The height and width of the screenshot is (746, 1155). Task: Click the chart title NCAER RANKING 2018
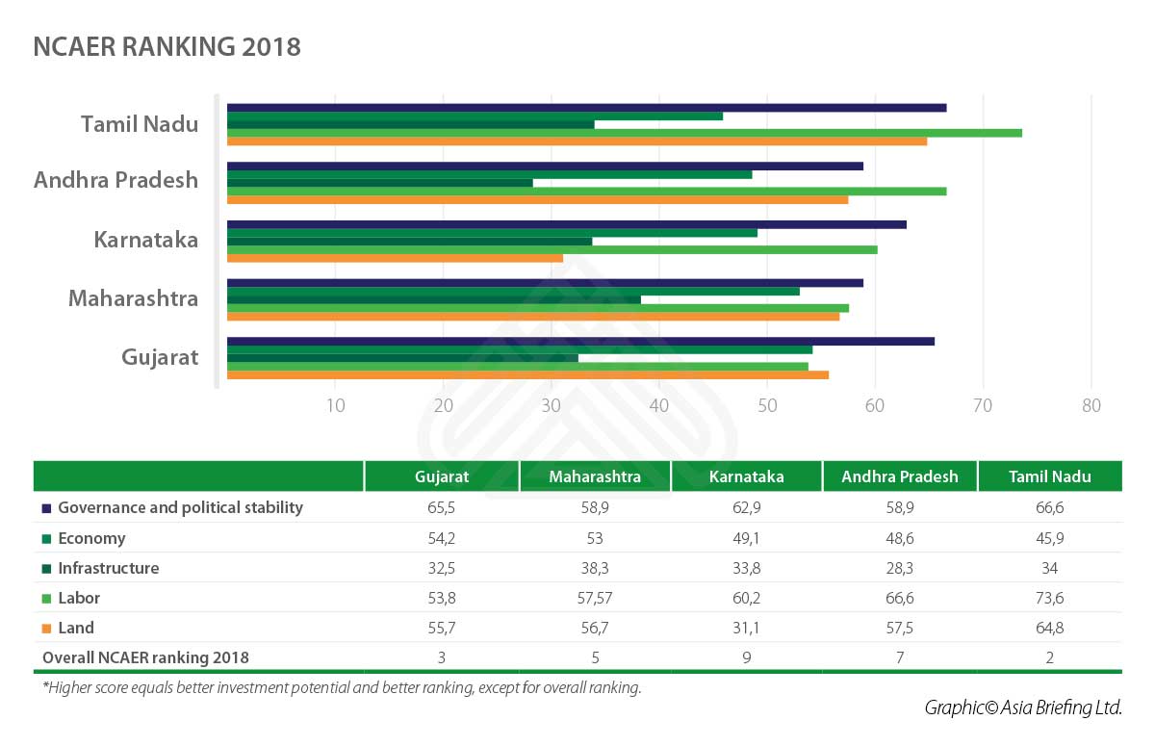point(167,47)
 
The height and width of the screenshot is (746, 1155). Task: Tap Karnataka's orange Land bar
point(395,258)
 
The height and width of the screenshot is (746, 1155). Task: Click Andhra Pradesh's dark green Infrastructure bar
point(379,183)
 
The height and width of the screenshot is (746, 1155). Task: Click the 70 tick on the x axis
point(983,406)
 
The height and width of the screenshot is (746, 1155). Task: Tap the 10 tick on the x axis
point(335,406)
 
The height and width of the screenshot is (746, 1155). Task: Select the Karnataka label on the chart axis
point(146,240)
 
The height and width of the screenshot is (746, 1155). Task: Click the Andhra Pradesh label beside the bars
point(115,180)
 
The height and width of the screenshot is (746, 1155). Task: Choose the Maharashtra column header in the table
point(595,476)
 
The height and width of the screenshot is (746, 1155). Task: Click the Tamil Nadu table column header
point(1049,476)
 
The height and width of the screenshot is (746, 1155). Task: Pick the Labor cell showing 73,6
point(1049,598)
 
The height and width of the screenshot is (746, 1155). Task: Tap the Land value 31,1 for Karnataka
point(746,628)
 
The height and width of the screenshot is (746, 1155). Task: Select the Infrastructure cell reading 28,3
point(899,568)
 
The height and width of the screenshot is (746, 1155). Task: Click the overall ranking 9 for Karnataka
point(746,657)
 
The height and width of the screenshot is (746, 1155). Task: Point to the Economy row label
point(91,538)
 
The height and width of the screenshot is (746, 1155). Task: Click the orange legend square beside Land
point(45,629)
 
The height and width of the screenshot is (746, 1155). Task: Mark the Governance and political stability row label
point(180,507)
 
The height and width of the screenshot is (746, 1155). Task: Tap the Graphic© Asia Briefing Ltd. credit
point(1023,707)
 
